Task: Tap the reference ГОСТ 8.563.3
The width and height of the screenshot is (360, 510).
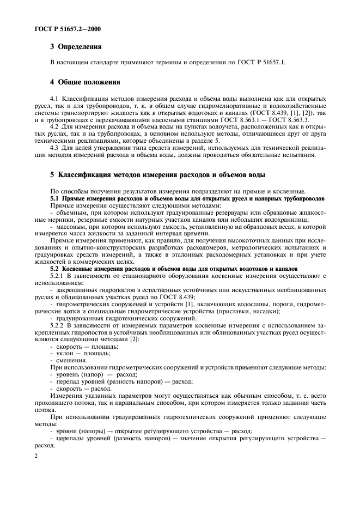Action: click(x=293, y=118)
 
